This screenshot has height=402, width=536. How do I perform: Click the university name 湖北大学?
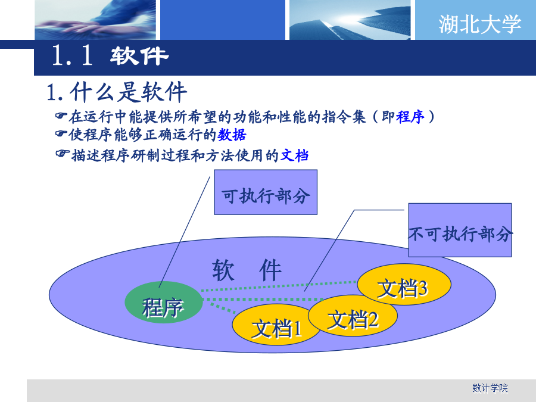pyautogui.click(x=480, y=24)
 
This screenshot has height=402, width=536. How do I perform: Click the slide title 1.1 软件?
pyautogui.click(x=110, y=55)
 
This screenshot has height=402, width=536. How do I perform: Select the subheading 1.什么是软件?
pyautogui.click(x=117, y=92)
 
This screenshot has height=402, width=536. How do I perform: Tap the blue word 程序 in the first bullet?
pyautogui.click(x=410, y=117)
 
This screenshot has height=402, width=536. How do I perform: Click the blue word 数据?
pyautogui.click(x=232, y=135)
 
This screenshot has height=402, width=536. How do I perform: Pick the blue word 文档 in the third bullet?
pyautogui.click(x=295, y=155)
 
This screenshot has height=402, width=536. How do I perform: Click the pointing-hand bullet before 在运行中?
pyautogui.click(x=61, y=116)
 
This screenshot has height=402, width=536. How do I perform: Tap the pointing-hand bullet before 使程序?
pyautogui.click(x=61, y=133)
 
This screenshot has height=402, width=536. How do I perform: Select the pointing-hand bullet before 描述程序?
pyautogui.click(x=62, y=154)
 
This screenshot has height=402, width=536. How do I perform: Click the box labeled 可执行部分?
pyautogui.click(x=266, y=192)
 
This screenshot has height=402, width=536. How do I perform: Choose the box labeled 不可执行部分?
pyautogui.click(x=460, y=230)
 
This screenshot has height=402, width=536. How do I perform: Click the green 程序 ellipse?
pyautogui.click(x=163, y=303)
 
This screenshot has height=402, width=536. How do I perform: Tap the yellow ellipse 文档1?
pyautogui.click(x=276, y=325)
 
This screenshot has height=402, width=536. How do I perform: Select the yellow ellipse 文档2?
pyautogui.click(x=353, y=316)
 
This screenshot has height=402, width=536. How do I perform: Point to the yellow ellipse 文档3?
pyautogui.click(x=404, y=285)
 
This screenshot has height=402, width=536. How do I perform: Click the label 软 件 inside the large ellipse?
pyautogui.click(x=247, y=270)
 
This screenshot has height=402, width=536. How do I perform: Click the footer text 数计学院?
pyautogui.click(x=490, y=388)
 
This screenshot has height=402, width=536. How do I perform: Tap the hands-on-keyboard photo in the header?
pyautogui.click(x=95, y=20)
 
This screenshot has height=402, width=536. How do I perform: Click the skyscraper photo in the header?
pyautogui.click(x=350, y=20)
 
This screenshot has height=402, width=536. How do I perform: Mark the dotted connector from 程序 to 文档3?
pyautogui.click(x=279, y=286)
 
